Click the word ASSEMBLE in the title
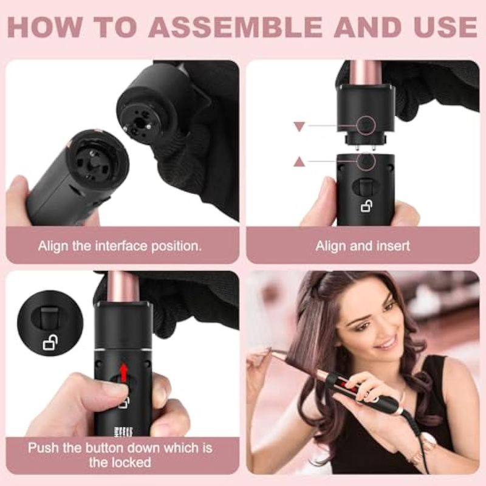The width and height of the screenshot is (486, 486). click(x=236, y=27)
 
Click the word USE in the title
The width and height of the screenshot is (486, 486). click(x=446, y=27)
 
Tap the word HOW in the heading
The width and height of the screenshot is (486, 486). click(x=45, y=27)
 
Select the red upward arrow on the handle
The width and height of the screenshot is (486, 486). click(x=124, y=373)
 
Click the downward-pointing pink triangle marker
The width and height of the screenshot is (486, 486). click(x=299, y=126)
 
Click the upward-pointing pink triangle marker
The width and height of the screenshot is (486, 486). click(x=299, y=162)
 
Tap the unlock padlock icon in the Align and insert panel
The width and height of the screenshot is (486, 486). click(x=367, y=206)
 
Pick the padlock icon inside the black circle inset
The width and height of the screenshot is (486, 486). click(x=50, y=343)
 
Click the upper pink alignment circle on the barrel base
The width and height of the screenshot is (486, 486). click(x=366, y=125)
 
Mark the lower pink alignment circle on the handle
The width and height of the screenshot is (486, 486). click(x=366, y=162)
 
